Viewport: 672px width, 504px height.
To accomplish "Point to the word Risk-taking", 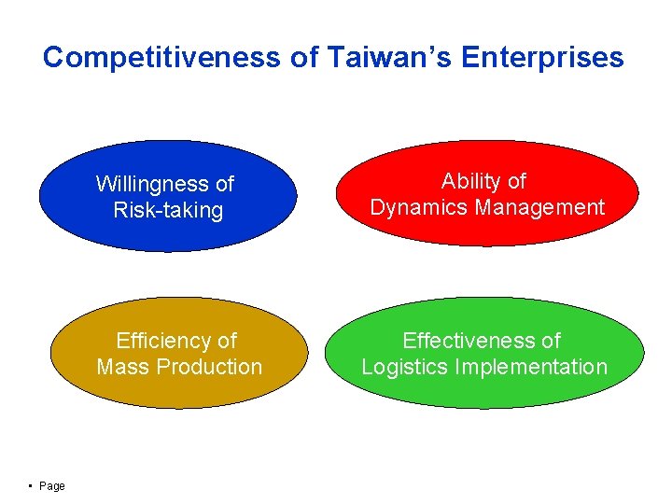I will point(168,210).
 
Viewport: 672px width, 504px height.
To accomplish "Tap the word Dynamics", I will point(416,207).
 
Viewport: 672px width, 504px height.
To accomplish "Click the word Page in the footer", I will point(52,486).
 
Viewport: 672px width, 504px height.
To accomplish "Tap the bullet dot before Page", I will point(32,485).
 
